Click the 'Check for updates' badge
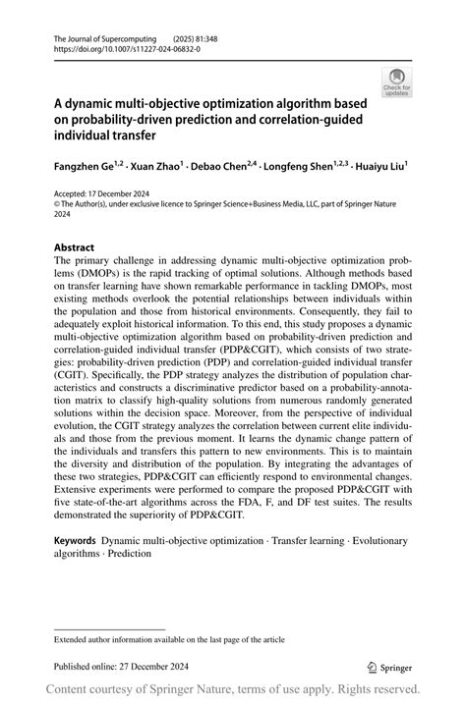(x=398, y=82)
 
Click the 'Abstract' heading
(x=75, y=247)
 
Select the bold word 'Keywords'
(x=75, y=541)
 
